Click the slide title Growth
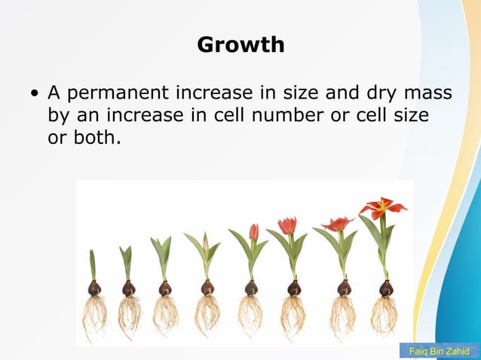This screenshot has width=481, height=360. (x=240, y=44)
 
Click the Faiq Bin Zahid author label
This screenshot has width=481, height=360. (x=439, y=352)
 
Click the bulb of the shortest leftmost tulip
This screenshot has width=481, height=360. (x=94, y=288)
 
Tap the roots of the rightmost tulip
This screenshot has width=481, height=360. (x=384, y=315)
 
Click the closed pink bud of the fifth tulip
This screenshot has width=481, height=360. (x=254, y=232)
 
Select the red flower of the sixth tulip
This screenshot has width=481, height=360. (x=287, y=225)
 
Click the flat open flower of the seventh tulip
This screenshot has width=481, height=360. (x=337, y=224)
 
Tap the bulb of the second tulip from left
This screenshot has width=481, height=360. (x=129, y=288)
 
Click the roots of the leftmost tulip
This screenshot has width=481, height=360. (x=94, y=315)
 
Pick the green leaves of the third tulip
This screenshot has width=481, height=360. (x=161, y=252)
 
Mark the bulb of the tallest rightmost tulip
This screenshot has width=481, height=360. (x=386, y=288)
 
